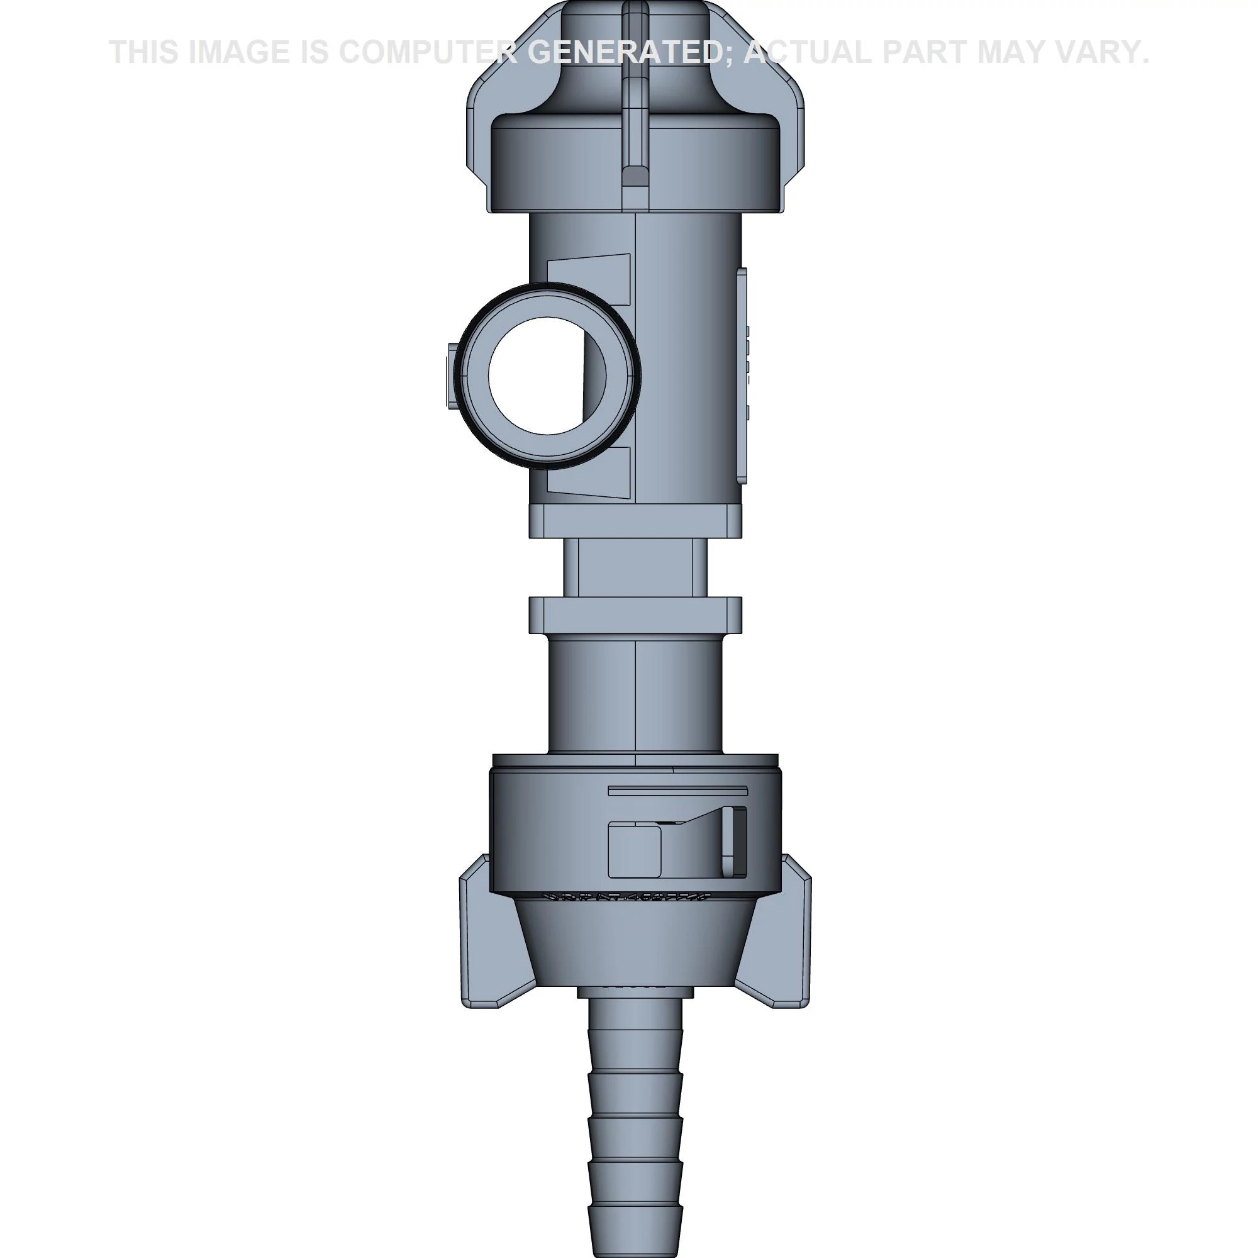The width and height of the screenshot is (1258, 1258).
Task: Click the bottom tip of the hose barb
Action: pyautogui.click(x=635, y=1240)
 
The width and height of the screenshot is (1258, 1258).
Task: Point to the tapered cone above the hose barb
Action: pyautogui.click(x=635, y=944)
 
